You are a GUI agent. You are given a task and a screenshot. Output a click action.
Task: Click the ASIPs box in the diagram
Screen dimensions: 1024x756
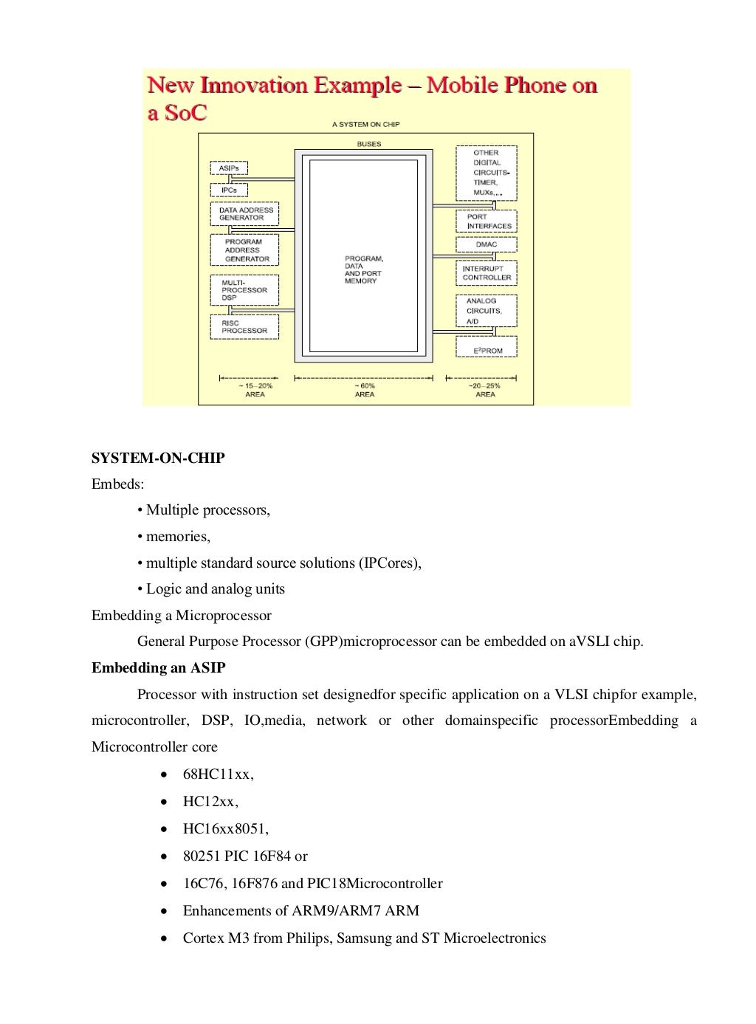coord(229,168)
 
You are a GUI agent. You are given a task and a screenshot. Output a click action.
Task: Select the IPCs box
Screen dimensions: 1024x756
coord(229,190)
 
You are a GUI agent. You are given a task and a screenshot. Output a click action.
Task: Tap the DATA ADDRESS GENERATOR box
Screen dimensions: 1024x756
coord(244,214)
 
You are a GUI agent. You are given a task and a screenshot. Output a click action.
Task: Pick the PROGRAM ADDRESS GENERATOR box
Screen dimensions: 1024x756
coord(244,250)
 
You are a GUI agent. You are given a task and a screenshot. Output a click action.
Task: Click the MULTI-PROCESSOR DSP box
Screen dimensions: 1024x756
coord(244,290)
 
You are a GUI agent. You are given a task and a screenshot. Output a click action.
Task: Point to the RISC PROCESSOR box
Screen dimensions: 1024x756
coord(244,327)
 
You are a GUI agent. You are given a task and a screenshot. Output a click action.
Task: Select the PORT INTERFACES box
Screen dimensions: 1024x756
coord(487,221)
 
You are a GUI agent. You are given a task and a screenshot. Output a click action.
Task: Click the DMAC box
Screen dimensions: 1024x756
coord(487,244)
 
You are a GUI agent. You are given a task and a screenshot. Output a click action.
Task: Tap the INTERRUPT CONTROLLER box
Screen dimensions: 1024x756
coord(487,273)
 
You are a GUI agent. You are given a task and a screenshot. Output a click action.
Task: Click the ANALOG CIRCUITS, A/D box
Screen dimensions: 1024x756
coord(487,311)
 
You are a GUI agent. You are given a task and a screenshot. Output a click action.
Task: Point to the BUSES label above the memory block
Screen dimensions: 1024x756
coord(369,144)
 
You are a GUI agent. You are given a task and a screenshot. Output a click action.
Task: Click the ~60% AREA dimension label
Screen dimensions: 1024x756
coord(365,390)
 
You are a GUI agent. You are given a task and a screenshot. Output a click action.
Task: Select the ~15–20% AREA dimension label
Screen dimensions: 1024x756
coord(255,390)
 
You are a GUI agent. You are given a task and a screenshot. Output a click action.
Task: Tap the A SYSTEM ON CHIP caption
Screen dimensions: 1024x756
coord(365,125)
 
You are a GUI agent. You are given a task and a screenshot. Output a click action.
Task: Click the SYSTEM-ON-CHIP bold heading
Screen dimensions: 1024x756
coord(158,458)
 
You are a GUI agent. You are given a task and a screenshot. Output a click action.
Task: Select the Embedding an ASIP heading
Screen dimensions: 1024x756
coord(159,668)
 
